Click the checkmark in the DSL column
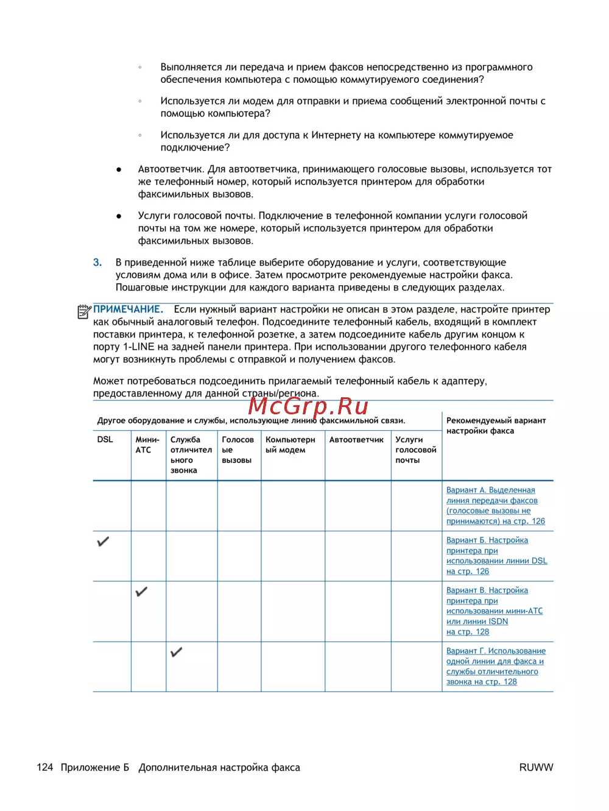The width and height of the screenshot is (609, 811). pyautogui.click(x=104, y=541)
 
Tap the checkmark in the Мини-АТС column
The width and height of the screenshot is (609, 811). pyautogui.click(x=141, y=591)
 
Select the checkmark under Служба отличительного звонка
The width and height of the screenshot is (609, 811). pyautogui.click(x=177, y=652)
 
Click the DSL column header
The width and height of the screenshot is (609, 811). pyautogui.click(x=105, y=439)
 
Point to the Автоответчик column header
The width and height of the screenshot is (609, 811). pyautogui.click(x=356, y=439)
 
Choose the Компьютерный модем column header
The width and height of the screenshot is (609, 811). pyautogui.click(x=290, y=445)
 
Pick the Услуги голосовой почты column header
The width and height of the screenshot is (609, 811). pyautogui.click(x=415, y=450)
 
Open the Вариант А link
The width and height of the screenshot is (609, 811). pyautogui.click(x=495, y=506)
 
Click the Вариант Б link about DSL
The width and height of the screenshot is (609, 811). pyautogui.click(x=496, y=556)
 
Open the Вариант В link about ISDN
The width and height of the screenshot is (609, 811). pyautogui.click(x=494, y=611)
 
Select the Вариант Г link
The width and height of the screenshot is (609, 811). pyautogui.click(x=495, y=667)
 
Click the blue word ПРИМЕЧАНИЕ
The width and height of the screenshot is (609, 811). pyautogui.click(x=128, y=310)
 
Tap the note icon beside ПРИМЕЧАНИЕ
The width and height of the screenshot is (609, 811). pyautogui.click(x=84, y=311)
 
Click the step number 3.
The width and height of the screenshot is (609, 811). pyautogui.click(x=97, y=263)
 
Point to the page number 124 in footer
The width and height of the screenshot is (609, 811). pyautogui.click(x=44, y=768)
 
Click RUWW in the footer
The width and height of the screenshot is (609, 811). pyautogui.click(x=536, y=768)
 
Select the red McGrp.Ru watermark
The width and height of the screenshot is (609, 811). pyautogui.click(x=308, y=406)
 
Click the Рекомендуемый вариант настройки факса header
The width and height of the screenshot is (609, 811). pyautogui.click(x=496, y=425)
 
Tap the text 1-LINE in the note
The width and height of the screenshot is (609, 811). pyautogui.click(x=138, y=347)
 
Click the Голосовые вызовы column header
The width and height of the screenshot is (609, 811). pyautogui.click(x=238, y=450)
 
